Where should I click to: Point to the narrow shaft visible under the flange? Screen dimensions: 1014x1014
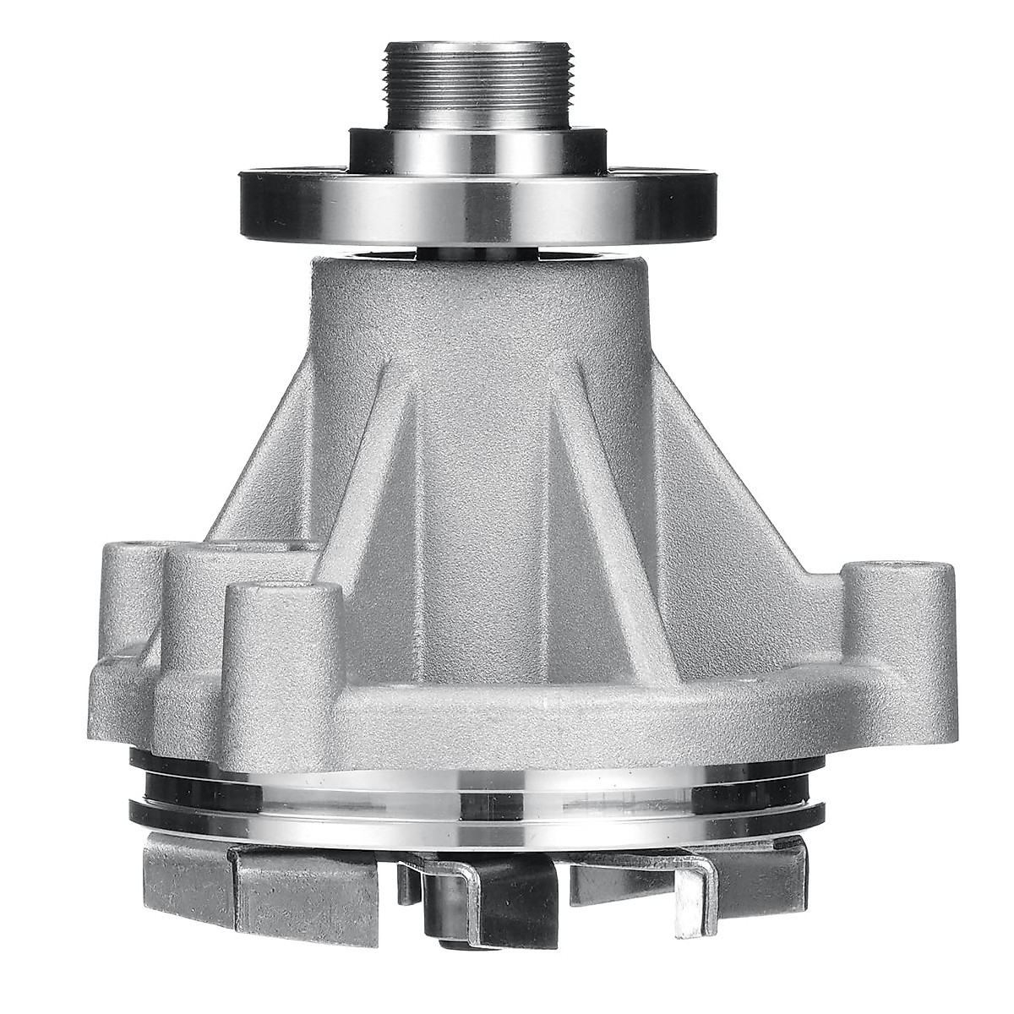click(x=479, y=251)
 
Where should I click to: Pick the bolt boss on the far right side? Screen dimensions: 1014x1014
click(x=901, y=608)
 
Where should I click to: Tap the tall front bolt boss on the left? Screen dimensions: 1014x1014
click(x=284, y=642)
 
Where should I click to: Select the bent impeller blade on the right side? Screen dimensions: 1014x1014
click(x=693, y=887)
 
